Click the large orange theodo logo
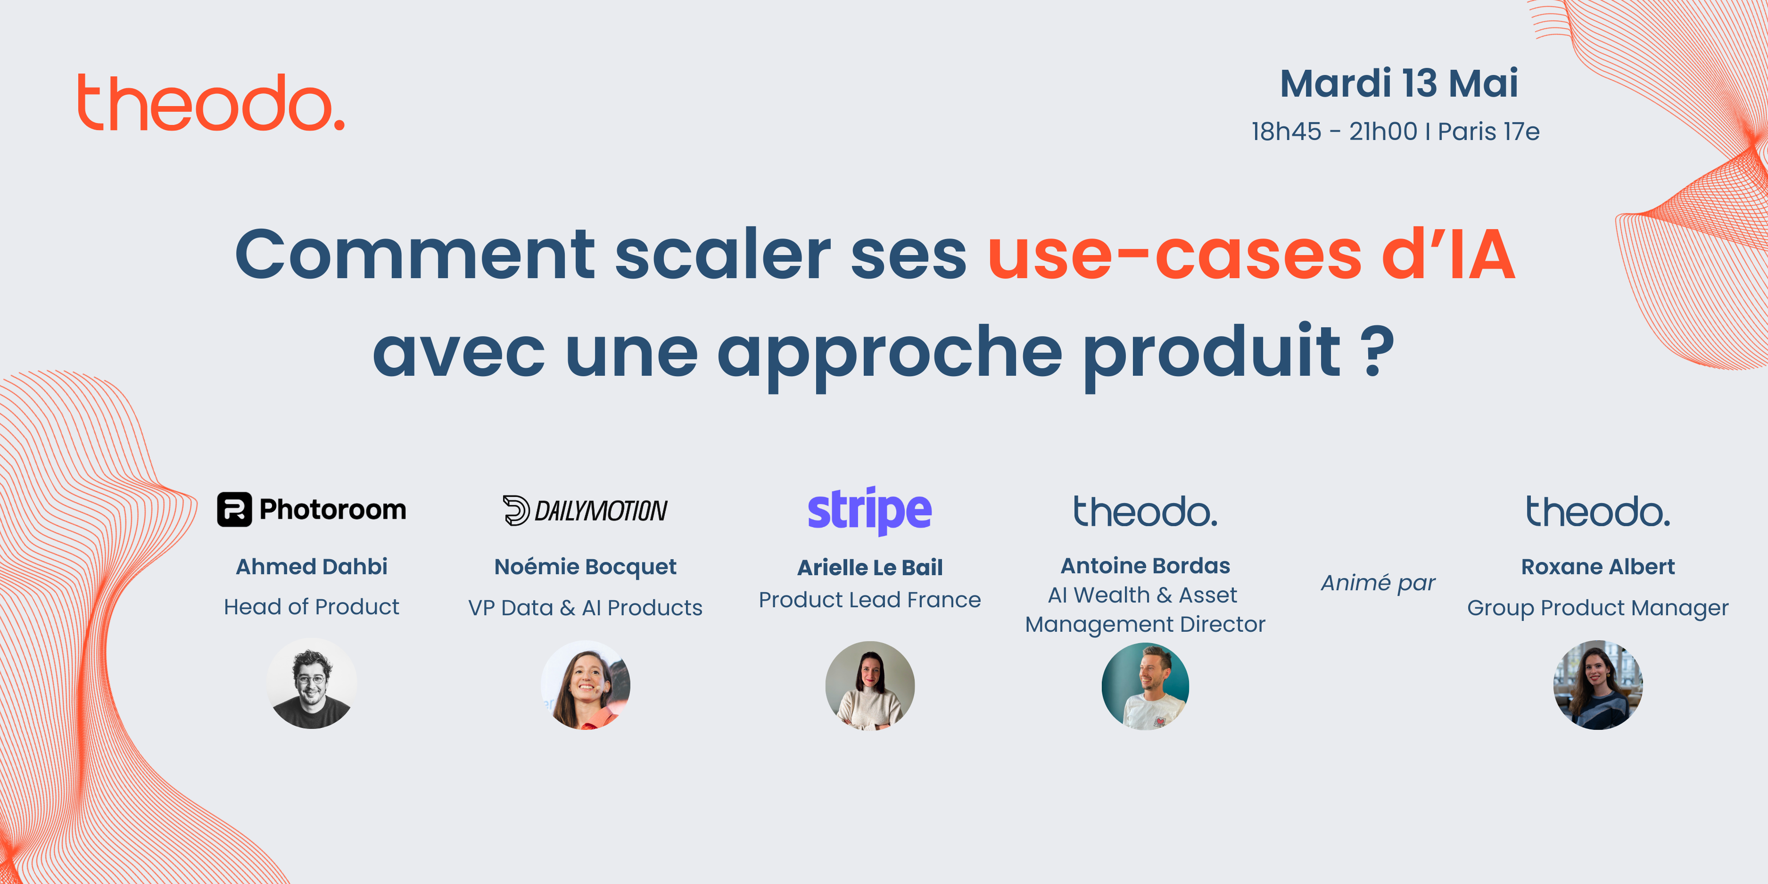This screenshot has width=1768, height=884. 211,102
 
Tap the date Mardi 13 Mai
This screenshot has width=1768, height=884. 1399,84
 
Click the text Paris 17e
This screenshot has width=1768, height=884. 1488,131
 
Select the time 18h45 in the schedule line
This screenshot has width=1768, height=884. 1286,131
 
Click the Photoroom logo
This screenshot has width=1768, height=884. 312,509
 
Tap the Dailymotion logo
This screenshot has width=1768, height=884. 585,510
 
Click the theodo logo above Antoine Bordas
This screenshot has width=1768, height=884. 1146,512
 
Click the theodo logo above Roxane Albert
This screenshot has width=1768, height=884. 1598,512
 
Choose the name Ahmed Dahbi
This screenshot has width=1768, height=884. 312,566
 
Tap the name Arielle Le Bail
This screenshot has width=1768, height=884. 869,568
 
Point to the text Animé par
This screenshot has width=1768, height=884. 1378,583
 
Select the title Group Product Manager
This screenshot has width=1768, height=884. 1598,608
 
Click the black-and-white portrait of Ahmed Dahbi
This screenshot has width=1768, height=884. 312,684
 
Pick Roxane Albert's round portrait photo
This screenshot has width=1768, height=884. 1598,685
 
